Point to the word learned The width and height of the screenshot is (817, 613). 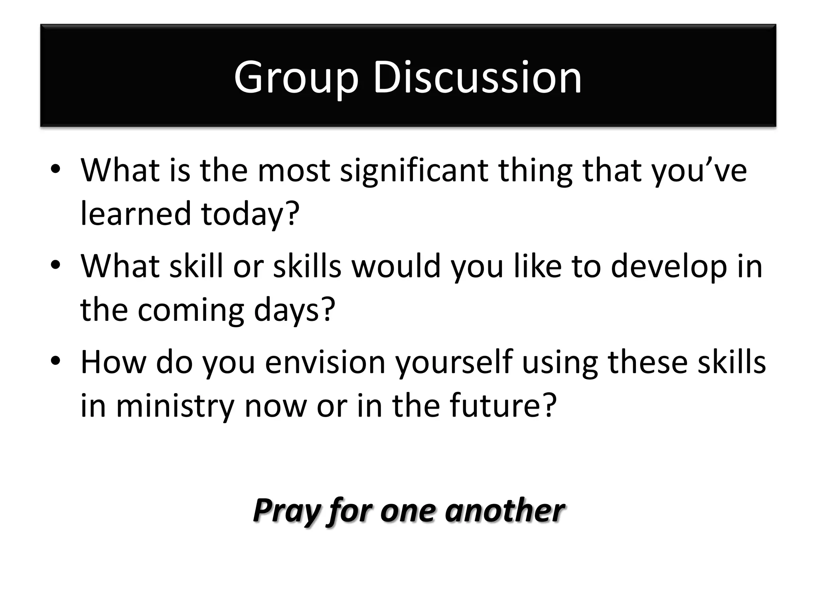(x=136, y=214)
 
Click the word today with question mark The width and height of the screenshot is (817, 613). (x=250, y=214)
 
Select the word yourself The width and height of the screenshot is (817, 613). (x=454, y=362)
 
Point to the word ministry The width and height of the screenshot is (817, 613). (x=175, y=406)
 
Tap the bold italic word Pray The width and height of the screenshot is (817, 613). (x=286, y=511)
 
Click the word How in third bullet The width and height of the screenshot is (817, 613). (x=113, y=362)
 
